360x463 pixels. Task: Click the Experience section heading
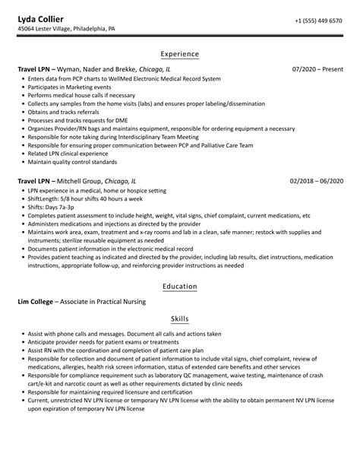(x=180, y=54)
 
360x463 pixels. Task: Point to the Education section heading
(x=180, y=287)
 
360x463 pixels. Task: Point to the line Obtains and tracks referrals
(x=65, y=112)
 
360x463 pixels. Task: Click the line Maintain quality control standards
(x=73, y=161)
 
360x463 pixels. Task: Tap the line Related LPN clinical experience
(x=69, y=153)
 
